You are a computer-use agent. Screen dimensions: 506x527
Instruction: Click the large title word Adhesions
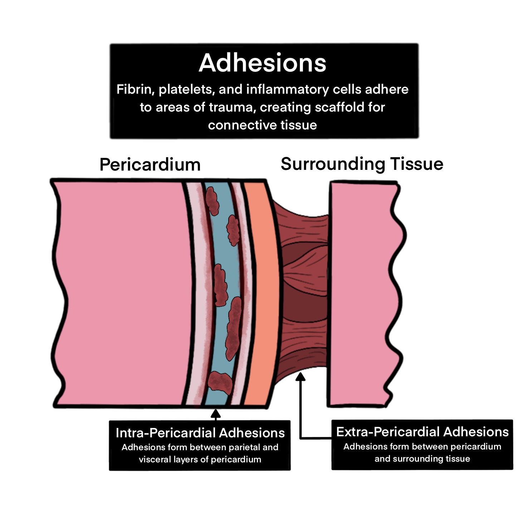pyautogui.click(x=262, y=63)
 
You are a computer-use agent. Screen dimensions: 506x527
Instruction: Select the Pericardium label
pyautogui.click(x=150, y=165)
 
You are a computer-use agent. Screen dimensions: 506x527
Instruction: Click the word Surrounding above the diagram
pyautogui.click(x=332, y=164)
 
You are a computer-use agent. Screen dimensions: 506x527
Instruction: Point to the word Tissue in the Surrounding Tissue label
pyautogui.click(x=417, y=164)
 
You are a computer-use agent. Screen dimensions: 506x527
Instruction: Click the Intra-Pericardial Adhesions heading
pyautogui.click(x=200, y=433)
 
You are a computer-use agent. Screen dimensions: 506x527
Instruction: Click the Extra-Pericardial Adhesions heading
pyautogui.click(x=422, y=432)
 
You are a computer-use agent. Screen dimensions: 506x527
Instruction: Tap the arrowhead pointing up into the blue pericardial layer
pyautogui.click(x=215, y=414)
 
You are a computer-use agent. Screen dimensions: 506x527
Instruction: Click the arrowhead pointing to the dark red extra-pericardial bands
pyautogui.click(x=301, y=377)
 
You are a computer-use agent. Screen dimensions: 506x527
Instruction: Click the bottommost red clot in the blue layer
pyautogui.click(x=220, y=382)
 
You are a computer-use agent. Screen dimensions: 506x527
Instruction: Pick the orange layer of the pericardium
pyautogui.click(x=260, y=293)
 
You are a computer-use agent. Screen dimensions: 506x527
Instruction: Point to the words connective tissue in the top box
pyautogui.click(x=262, y=125)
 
